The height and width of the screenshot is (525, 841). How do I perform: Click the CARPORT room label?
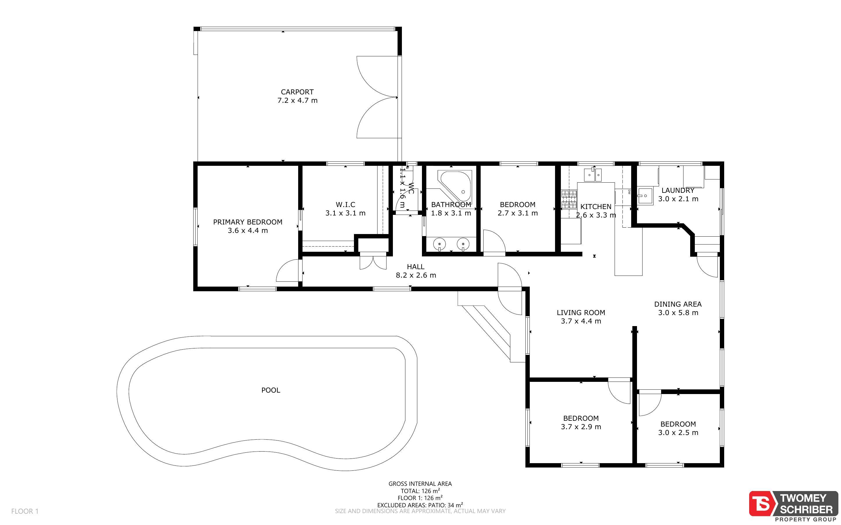[x=297, y=92]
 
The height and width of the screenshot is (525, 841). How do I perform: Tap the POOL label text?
[x=271, y=390]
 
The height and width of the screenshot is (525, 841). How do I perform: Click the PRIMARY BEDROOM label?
[x=248, y=222]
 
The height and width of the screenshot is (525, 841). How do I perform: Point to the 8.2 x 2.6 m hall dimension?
[x=416, y=275]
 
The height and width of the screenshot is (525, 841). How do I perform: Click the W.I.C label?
[x=345, y=204]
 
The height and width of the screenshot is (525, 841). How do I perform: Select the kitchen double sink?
[x=593, y=175]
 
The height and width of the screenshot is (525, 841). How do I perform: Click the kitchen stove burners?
[x=569, y=200]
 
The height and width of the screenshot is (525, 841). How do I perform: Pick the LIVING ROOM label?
[x=581, y=312]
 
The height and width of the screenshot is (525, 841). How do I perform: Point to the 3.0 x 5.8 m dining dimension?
[x=678, y=313]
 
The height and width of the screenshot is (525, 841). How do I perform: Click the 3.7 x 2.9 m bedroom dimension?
[x=581, y=427]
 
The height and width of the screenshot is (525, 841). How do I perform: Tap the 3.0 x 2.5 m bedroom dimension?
[x=678, y=433]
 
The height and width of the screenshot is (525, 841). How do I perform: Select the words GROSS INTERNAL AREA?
[x=420, y=484]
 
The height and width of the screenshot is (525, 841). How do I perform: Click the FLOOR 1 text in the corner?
[x=25, y=511]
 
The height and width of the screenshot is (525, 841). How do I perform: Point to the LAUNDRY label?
[x=678, y=190]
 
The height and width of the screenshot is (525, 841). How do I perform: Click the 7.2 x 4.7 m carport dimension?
[x=297, y=101]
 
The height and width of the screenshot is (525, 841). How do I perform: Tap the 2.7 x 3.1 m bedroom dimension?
[x=518, y=213]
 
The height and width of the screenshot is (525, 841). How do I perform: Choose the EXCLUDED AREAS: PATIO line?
[x=420, y=505]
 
